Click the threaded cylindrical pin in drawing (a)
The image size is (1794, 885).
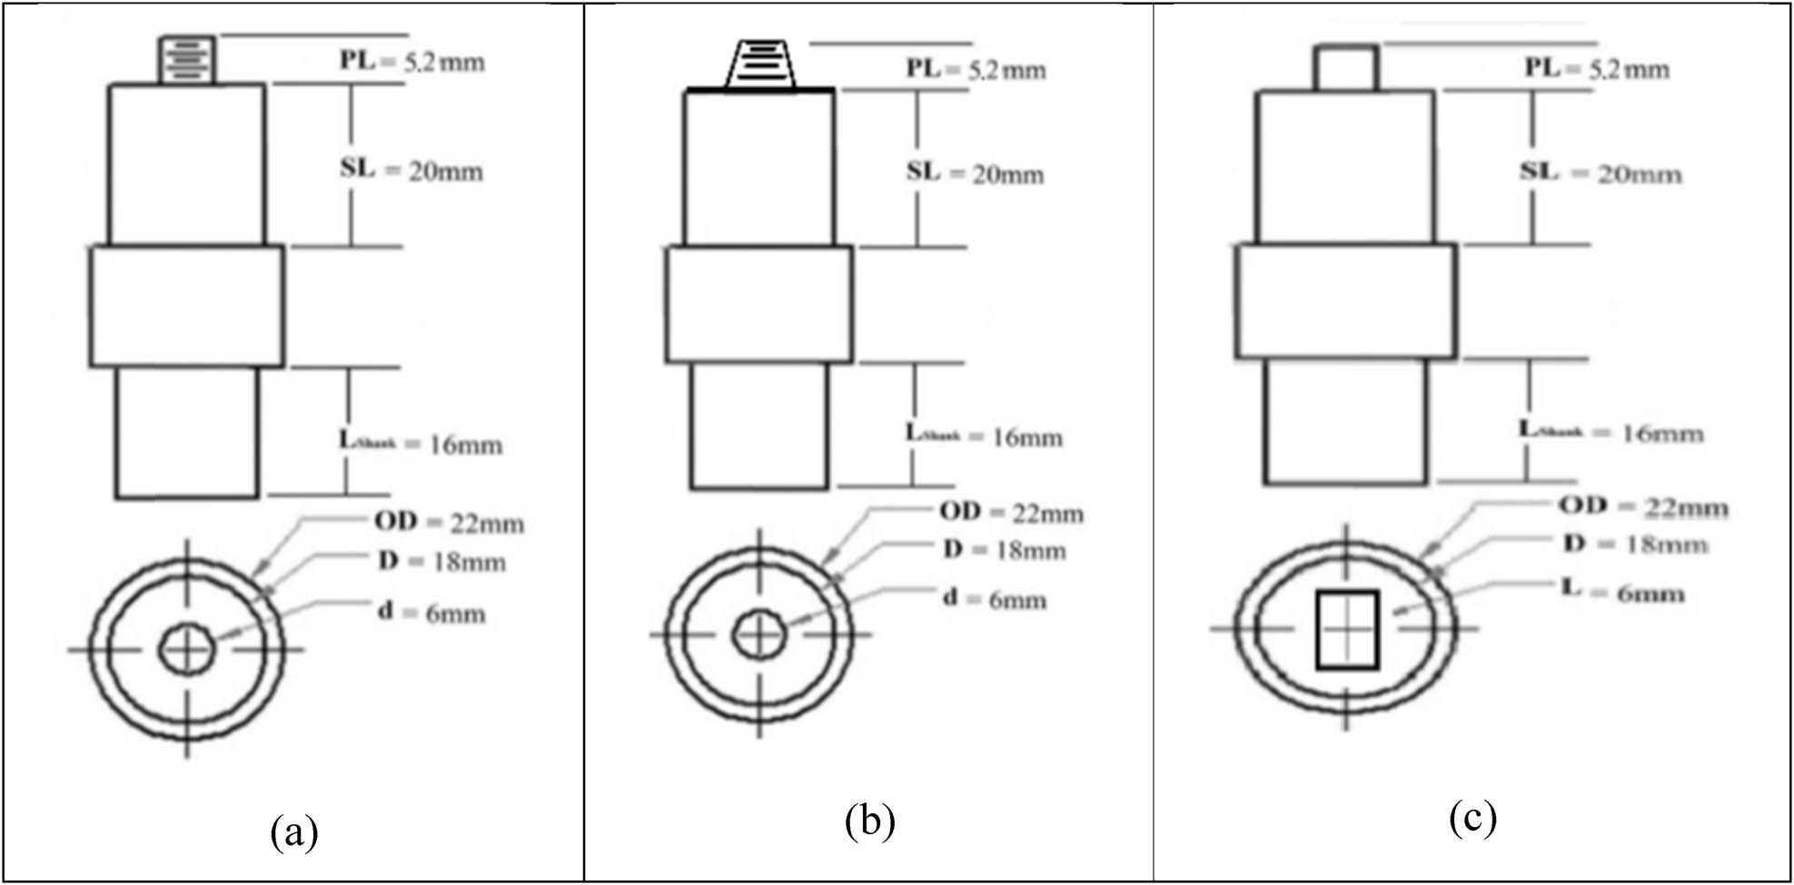(187, 60)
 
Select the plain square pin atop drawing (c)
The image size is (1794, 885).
(1345, 67)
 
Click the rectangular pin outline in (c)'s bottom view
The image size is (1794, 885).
(1347, 629)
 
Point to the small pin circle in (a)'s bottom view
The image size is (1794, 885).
(187, 649)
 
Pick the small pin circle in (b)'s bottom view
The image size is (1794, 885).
(759, 634)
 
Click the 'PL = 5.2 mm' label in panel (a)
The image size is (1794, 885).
(411, 62)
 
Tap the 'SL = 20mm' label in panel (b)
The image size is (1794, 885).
(975, 172)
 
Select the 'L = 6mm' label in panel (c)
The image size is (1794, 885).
(1622, 592)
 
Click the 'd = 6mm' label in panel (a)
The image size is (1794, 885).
(431, 613)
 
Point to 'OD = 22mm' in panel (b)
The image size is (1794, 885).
(1011, 513)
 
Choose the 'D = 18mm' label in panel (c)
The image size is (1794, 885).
(1635, 544)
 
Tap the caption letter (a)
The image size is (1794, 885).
(294, 832)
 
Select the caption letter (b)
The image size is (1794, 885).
(869, 821)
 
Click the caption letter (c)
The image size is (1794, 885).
(1472, 818)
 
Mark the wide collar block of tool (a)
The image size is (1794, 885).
(186, 306)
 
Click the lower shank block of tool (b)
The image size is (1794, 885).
(759, 426)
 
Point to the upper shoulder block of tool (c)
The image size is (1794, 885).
(1345, 167)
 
